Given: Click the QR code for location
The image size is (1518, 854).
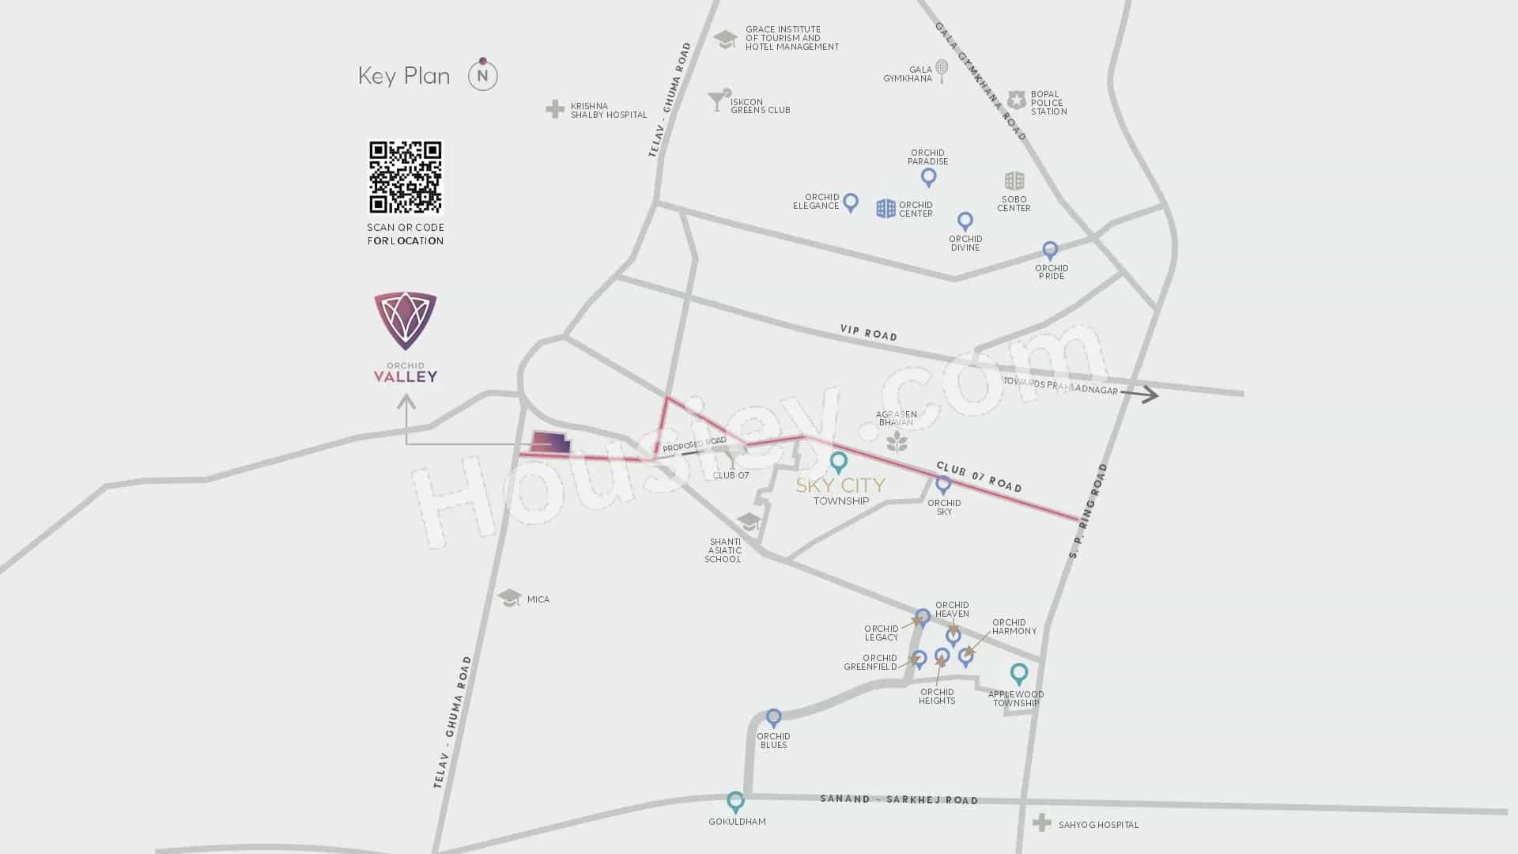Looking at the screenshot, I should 406,177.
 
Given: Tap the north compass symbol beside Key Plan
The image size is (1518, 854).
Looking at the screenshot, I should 483,76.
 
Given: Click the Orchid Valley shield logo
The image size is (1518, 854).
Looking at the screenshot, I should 406,320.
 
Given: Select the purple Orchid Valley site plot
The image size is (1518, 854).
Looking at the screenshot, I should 550,444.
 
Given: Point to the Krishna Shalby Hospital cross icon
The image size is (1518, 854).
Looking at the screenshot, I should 555,109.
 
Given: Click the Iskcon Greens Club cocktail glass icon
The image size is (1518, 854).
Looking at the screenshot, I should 718,100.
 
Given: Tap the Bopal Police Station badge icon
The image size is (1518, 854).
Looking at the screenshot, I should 1016,100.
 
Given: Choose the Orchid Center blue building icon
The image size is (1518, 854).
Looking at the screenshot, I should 885,208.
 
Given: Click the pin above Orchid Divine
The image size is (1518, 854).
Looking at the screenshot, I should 965,221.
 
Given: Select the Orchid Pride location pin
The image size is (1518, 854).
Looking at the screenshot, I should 1050,251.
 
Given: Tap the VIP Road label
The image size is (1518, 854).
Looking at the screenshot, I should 868,334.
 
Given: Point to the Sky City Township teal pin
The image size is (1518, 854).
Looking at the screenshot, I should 838,462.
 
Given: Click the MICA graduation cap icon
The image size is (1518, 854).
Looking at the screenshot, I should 510,598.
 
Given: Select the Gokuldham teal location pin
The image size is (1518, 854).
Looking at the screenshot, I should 735,802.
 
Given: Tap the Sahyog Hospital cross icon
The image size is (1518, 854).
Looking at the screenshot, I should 1042,823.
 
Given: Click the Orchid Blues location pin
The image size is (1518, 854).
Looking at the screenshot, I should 773,718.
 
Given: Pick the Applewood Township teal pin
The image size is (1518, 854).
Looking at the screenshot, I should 1019,674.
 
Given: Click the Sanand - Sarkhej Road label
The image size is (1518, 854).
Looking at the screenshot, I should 899,799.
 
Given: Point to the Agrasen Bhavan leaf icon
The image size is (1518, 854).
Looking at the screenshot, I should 897,441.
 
